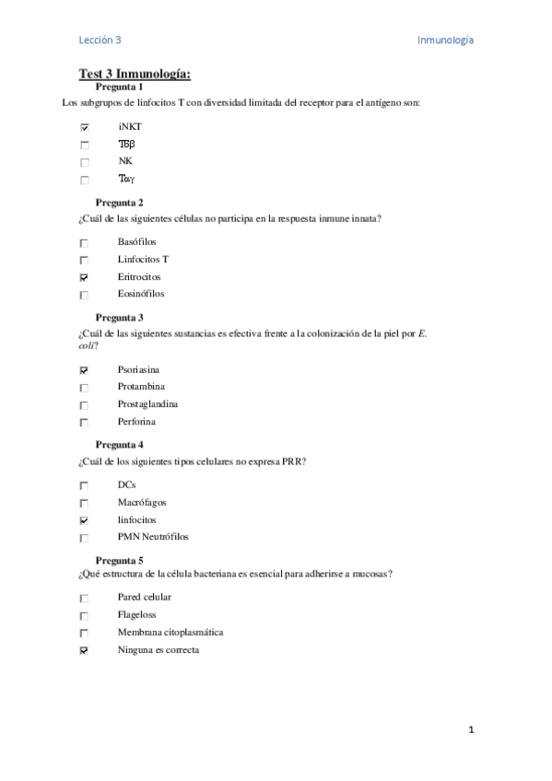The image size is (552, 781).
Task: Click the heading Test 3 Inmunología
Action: (x=135, y=74)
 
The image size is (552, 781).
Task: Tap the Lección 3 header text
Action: (x=100, y=40)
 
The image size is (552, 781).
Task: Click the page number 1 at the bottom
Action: (x=471, y=730)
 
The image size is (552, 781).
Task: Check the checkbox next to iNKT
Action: (x=85, y=127)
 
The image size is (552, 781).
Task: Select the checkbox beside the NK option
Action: (x=85, y=162)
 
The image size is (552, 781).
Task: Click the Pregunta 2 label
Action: (x=120, y=203)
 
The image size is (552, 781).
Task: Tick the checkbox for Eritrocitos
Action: (x=85, y=277)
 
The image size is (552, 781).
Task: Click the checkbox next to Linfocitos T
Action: (x=85, y=261)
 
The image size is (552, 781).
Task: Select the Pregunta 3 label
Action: (x=120, y=318)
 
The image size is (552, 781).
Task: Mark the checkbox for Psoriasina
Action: (x=85, y=370)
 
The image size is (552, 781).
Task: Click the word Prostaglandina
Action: (x=147, y=404)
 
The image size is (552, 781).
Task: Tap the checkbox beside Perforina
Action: (x=85, y=423)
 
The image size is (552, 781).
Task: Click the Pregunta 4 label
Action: (x=120, y=445)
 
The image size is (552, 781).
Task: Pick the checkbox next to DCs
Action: (x=85, y=485)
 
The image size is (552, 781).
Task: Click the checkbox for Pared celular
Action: (x=85, y=599)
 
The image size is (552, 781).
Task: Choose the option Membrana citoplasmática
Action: (x=170, y=633)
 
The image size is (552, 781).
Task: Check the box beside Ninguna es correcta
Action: (x=85, y=651)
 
